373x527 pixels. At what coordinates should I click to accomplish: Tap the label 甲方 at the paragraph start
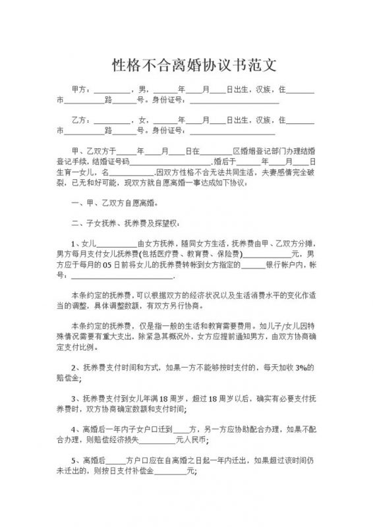tap(79, 90)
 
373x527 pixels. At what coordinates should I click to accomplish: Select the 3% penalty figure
tap(302, 367)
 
